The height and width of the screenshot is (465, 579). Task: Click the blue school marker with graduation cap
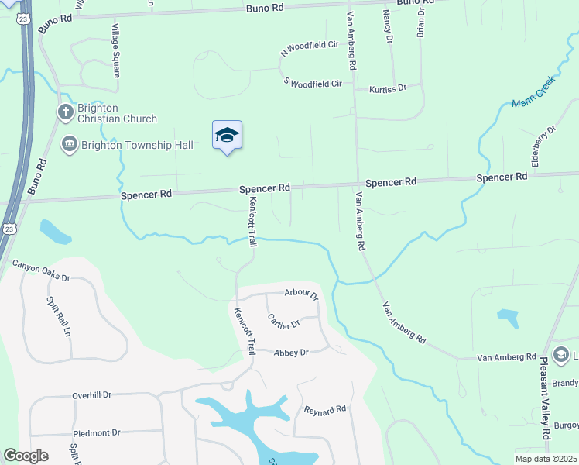[227, 136]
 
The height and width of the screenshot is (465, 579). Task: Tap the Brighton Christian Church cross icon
[65, 113]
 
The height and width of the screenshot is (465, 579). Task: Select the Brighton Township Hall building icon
[69, 144]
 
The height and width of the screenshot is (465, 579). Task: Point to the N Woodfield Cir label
[310, 47]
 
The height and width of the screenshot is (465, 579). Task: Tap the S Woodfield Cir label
[313, 83]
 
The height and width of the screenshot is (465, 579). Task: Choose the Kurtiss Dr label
[387, 89]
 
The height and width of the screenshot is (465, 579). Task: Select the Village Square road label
[115, 50]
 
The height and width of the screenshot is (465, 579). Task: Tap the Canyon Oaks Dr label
[41, 271]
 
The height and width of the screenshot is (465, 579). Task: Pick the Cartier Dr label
[283, 320]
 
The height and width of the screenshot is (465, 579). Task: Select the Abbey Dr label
[291, 353]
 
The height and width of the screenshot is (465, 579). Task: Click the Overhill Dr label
[92, 395]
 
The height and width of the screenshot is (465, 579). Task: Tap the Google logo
[26, 456]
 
